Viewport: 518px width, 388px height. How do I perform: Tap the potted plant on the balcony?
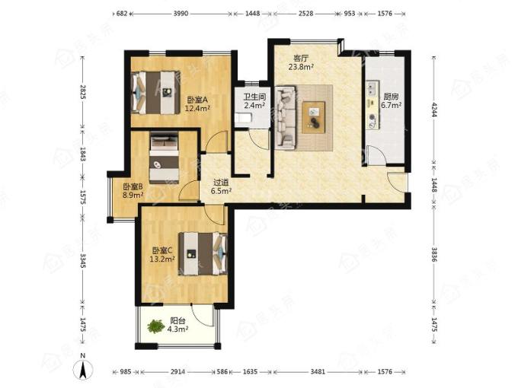tap(155, 326)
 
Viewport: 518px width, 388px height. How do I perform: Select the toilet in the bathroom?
tap(243, 118)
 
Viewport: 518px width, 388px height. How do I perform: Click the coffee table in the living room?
tap(313, 117)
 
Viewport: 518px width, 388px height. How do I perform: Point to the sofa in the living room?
tap(285, 117)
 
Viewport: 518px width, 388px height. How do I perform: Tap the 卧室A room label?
tap(197, 100)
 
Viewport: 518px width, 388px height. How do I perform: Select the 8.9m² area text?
tap(133, 195)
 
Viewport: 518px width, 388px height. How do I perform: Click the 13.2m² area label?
tap(162, 259)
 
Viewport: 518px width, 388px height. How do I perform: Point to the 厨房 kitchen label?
tap(391, 97)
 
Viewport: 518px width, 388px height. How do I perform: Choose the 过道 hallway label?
tap(221, 183)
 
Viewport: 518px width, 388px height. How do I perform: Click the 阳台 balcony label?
tap(177, 320)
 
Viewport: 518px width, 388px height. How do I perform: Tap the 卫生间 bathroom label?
tap(254, 97)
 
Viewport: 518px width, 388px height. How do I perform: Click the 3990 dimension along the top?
tap(181, 14)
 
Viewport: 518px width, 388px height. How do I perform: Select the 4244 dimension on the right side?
tap(434, 110)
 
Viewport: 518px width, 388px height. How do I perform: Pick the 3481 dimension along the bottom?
tap(318, 372)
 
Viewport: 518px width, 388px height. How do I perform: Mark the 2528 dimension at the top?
tap(305, 14)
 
